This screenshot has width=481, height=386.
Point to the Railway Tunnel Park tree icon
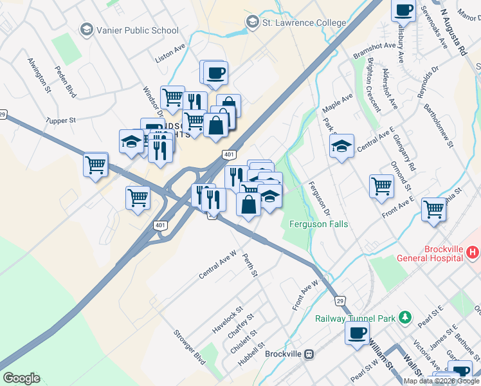(404, 317)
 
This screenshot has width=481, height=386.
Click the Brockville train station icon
(309, 354)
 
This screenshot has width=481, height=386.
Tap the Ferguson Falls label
(318, 224)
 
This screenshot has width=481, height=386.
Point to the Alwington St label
(39, 75)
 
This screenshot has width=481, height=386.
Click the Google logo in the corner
(21, 378)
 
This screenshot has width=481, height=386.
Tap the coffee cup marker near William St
(357, 333)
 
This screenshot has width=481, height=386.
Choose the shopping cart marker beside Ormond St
(381, 186)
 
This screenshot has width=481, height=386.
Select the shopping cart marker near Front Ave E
(434, 209)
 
